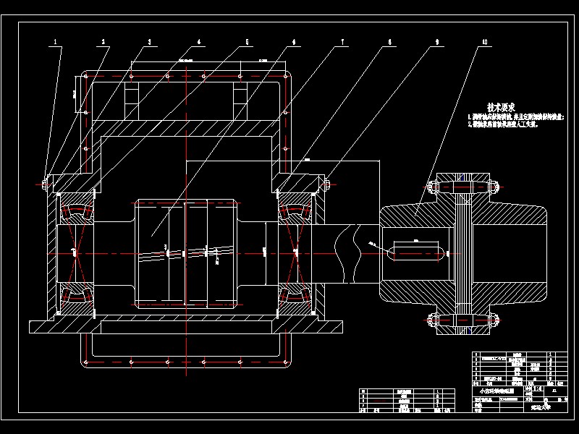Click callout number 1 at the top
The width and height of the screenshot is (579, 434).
point(56,41)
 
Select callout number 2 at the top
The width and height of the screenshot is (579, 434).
point(103,41)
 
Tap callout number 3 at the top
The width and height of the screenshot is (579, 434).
point(150,41)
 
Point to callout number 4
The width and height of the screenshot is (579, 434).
point(198,41)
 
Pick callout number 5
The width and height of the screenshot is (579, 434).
point(246,41)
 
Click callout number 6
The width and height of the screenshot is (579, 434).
point(293,41)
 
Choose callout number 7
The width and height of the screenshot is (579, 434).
point(341,41)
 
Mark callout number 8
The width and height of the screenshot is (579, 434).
point(389,41)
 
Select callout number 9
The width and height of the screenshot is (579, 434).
point(436,41)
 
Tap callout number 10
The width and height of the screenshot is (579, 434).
point(483,41)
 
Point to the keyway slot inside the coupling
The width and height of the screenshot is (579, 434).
point(415,252)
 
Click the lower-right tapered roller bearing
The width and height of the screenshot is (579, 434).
point(295,294)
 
